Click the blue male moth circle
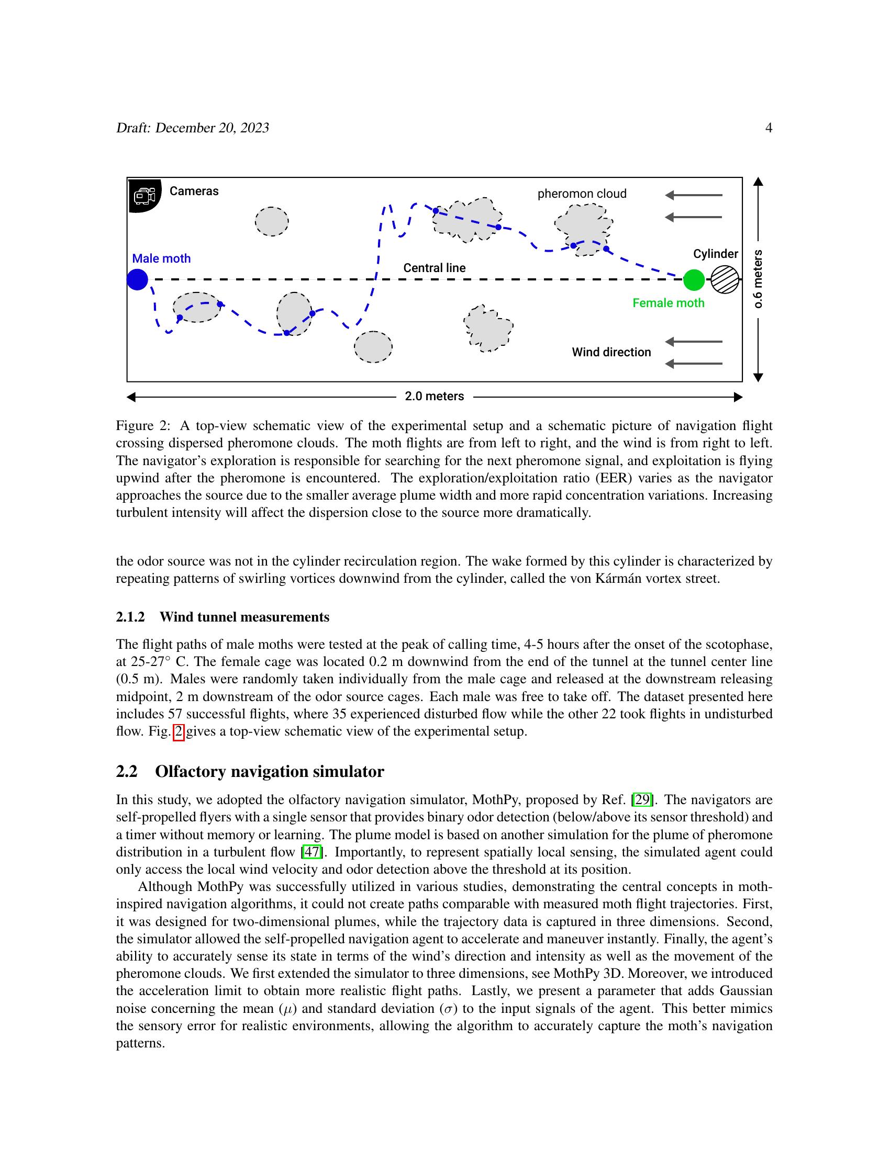click(138, 279)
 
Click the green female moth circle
click(694, 280)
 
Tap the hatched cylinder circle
click(725, 280)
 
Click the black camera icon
click(144, 196)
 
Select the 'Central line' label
click(435, 268)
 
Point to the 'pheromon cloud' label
click(582, 194)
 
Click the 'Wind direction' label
click(611, 352)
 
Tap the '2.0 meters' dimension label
click(435, 397)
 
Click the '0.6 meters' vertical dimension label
click(758, 279)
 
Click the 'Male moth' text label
click(161, 258)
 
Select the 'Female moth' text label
click(668, 303)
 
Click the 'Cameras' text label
click(194, 191)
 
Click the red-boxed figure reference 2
click(179, 732)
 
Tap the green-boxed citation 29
click(642, 800)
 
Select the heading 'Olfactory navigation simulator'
click(270, 772)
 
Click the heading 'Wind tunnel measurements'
click(244, 617)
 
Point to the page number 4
click(769, 128)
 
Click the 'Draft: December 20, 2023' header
click(193, 128)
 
